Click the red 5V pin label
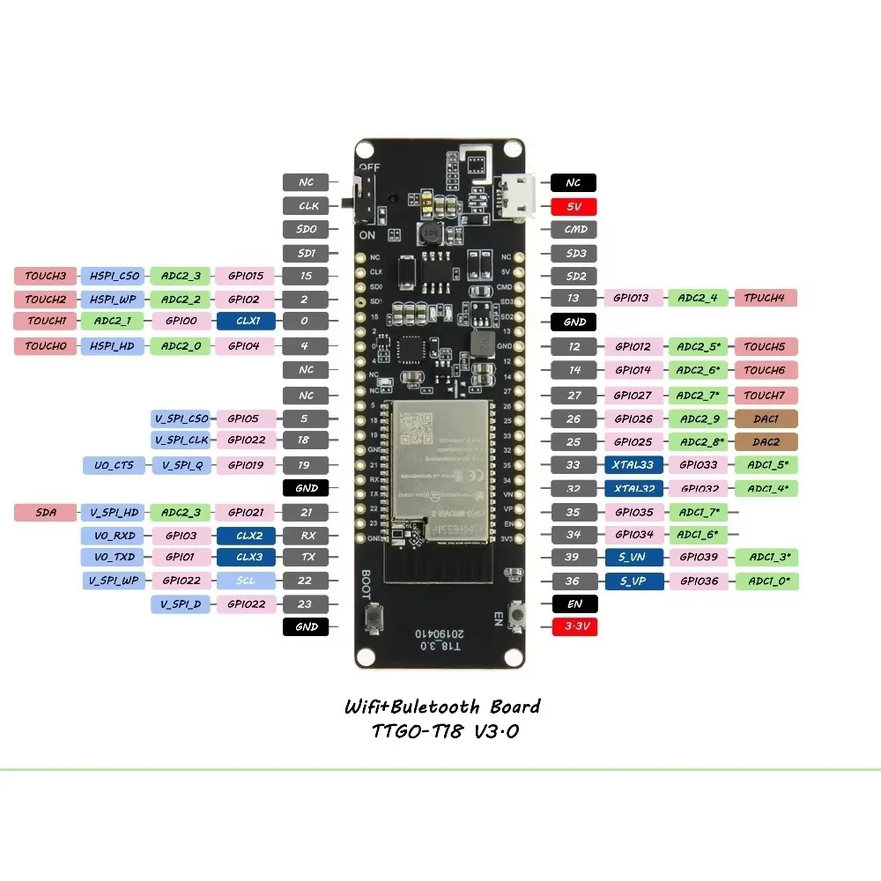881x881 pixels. [574, 208]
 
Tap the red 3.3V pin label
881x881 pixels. [574, 627]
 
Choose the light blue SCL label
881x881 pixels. [246, 581]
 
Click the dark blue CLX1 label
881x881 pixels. [246, 322]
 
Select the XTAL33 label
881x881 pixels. [634, 465]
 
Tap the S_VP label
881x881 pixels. [634, 581]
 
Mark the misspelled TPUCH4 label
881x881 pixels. [765, 298]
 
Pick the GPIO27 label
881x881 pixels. [633, 396]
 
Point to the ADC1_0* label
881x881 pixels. [767, 581]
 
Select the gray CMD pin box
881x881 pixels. [574, 229]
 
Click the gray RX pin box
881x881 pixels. [306, 535]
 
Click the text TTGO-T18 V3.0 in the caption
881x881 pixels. [441, 731]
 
